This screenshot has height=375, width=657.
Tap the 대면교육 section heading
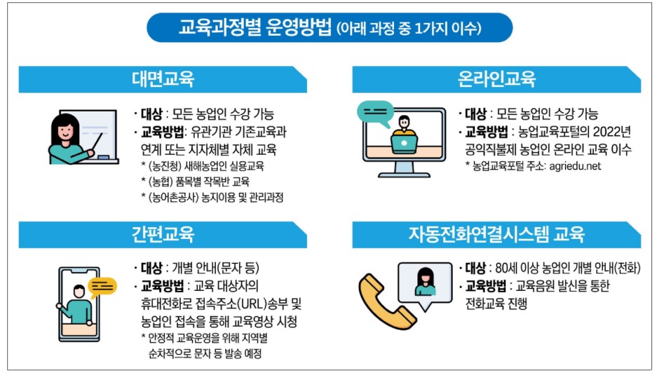[163, 79]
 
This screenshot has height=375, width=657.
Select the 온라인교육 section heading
[496, 79]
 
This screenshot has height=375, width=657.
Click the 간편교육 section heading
[163, 233]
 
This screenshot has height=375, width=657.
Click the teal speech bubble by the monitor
[375, 113]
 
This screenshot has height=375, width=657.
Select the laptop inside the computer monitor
[405, 144]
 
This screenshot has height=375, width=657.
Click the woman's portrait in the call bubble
[425, 280]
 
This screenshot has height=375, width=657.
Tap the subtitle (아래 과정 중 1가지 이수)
[409, 29]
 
